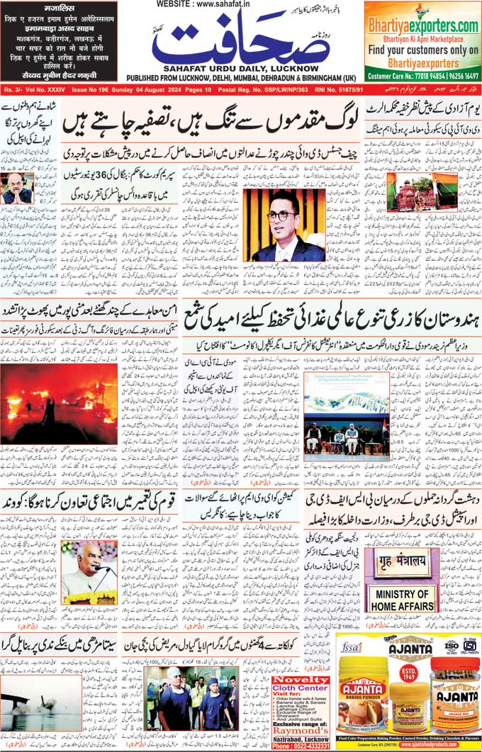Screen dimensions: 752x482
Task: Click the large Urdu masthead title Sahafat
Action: click(x=241, y=43)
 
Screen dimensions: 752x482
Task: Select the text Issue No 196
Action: click(x=91, y=91)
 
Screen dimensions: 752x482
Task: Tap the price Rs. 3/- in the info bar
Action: click(x=12, y=91)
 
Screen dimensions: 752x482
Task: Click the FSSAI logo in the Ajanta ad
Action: click(x=352, y=647)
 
